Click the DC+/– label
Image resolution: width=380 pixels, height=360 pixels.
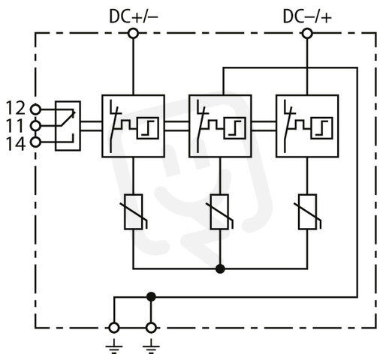point(134,16)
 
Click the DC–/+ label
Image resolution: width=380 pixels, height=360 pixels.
point(307,16)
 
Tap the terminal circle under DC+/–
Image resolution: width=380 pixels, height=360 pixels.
point(133,33)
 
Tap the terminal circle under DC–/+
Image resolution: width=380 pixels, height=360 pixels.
point(307,33)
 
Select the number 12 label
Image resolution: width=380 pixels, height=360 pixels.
point(16,108)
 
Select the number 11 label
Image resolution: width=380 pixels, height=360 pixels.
point(17,125)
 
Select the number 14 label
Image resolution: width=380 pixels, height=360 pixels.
point(16,144)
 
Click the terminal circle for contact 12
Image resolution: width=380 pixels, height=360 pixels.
point(35,109)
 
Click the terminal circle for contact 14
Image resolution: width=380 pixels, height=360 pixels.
point(35,142)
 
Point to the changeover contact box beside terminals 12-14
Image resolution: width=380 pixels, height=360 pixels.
point(68,126)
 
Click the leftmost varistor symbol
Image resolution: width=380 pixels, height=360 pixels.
point(134,211)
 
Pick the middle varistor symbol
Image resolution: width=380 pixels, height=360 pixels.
point(220,211)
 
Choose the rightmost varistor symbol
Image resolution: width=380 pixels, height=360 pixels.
point(308,211)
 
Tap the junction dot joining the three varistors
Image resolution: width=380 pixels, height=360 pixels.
point(220,268)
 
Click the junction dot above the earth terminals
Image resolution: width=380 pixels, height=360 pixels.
point(151,297)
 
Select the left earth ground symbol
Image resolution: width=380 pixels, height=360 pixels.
point(114,346)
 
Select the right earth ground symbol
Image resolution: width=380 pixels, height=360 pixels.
point(151,346)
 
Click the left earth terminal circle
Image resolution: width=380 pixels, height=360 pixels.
point(114,328)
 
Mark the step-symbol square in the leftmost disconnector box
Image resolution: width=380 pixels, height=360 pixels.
point(148,128)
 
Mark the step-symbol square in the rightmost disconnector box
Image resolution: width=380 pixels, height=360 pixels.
point(322,128)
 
